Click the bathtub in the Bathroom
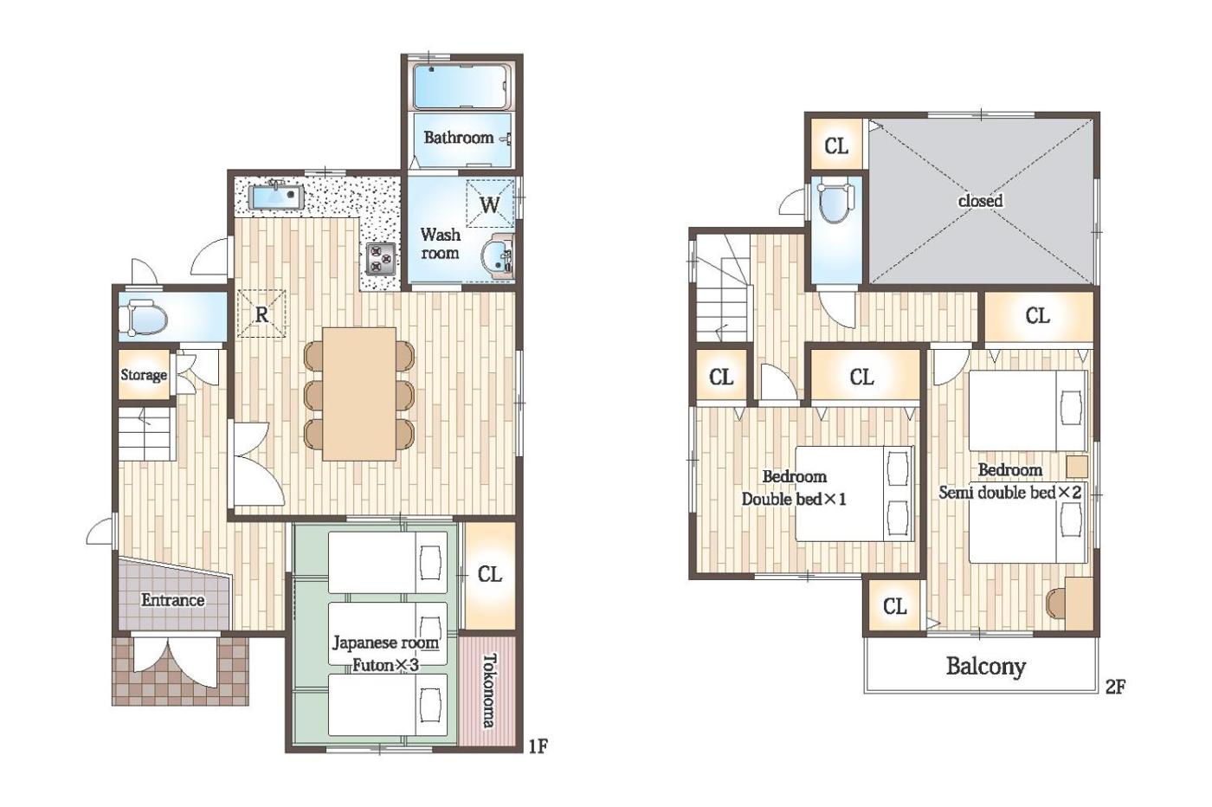point(461,87)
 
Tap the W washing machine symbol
point(490,204)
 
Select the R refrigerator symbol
point(261,314)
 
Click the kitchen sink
point(275,197)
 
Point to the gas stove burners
point(382,258)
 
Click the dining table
point(359,394)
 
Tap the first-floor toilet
point(146,317)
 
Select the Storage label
point(144,375)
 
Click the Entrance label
point(172,600)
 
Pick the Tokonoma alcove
point(488,691)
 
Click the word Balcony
point(986,666)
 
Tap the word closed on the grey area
point(980,200)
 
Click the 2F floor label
point(1115,687)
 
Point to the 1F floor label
point(538,746)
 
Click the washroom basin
point(497,259)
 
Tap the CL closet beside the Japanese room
point(490,575)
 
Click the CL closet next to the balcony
point(894,607)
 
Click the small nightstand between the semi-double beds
point(1077,467)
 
